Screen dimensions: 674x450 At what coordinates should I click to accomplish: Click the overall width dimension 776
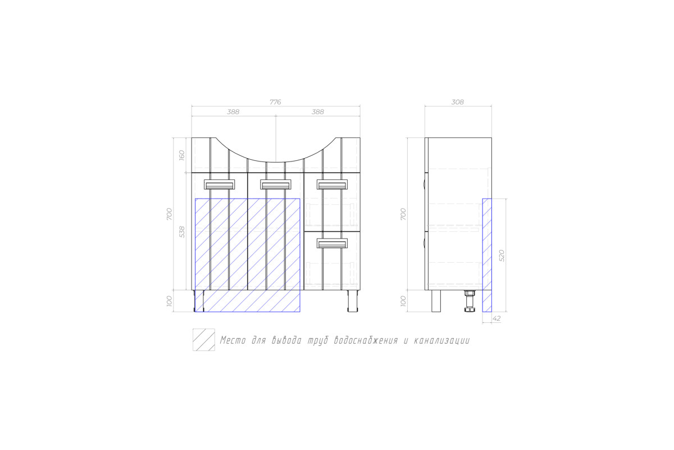pos(275,102)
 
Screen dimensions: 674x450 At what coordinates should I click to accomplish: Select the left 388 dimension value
pos(233,112)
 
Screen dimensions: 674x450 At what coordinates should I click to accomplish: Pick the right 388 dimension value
pos(318,112)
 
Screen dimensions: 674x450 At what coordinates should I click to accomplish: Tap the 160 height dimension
pos(182,155)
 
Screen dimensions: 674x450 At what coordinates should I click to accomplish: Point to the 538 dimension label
pos(182,232)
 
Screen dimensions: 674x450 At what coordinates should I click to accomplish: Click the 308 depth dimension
pos(457,102)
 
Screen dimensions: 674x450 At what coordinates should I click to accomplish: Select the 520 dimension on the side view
pos(501,255)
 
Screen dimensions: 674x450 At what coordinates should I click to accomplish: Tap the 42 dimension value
pos(497,318)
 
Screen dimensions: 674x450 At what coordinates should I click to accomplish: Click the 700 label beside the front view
pos(170,214)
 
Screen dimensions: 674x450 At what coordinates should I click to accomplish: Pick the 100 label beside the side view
pos(403,301)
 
